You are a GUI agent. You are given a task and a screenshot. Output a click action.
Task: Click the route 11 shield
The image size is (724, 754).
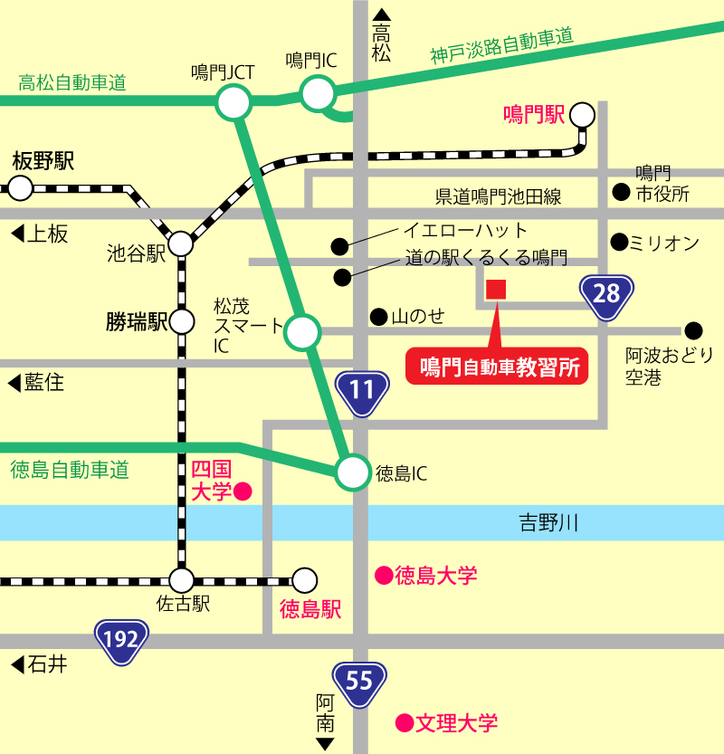tap(362, 390)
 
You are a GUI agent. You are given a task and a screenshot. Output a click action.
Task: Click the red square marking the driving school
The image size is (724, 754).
tap(496, 290)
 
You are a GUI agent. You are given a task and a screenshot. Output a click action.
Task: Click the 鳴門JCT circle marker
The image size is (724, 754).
tap(233, 102)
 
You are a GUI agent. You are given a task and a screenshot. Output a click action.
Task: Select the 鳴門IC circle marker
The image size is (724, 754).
tap(318, 92)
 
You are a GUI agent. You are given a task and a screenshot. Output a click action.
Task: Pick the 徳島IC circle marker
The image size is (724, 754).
tap(353, 472)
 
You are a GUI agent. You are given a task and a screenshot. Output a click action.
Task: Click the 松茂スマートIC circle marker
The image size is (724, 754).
tap(301, 332)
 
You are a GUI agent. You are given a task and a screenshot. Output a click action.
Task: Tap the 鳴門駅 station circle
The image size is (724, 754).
tap(582, 115)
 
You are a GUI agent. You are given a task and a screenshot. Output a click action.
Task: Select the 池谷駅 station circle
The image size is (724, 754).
tap(181, 243)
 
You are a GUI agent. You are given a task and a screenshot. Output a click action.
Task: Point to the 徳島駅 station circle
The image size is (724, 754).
tap(305, 579)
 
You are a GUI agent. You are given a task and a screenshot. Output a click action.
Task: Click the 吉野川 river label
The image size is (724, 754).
tap(548, 522)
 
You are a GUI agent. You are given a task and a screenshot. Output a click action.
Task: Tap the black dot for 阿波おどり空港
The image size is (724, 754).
tap(693, 331)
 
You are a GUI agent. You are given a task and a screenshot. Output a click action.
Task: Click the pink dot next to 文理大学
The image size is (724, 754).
tap(405, 722)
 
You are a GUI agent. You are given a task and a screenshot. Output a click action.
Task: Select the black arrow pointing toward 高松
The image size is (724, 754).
tap(382, 15)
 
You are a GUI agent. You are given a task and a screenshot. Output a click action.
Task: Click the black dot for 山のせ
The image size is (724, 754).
tap(377, 316)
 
